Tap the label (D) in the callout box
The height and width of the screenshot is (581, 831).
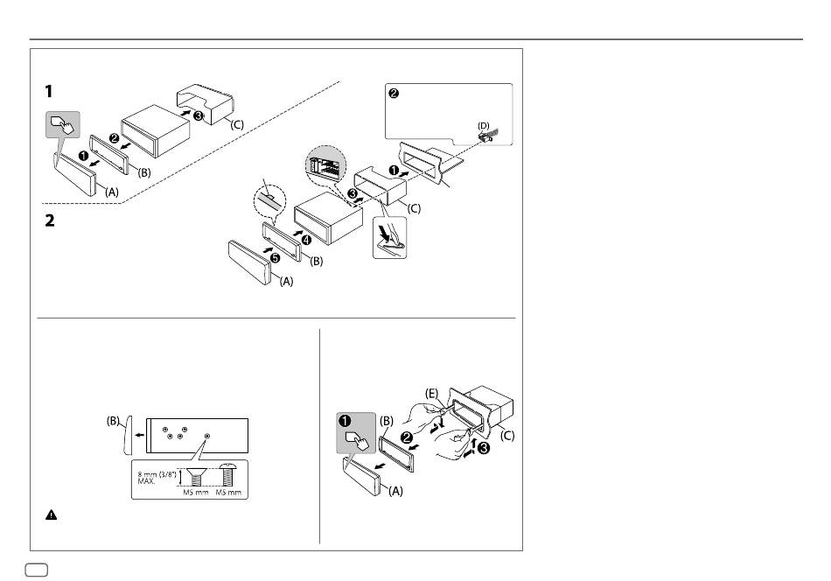[x=483, y=126]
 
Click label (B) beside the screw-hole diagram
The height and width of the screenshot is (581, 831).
[x=114, y=420]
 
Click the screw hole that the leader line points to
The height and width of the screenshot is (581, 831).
[x=207, y=436]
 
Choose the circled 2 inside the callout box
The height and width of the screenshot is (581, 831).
[x=394, y=94]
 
